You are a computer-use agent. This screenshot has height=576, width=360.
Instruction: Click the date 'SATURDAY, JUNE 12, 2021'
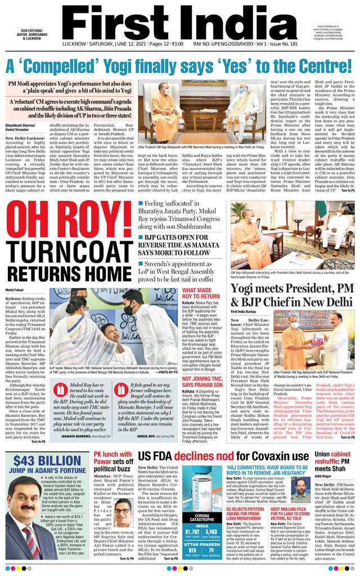tap(107, 43)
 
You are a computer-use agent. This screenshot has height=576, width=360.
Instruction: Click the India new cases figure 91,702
tap(192, 530)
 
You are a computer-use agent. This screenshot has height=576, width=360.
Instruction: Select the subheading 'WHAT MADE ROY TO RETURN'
tap(201, 293)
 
